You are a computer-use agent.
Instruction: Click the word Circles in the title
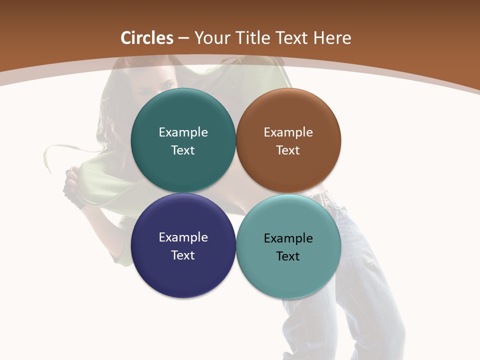(x=147, y=38)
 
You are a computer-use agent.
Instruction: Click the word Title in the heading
(x=255, y=38)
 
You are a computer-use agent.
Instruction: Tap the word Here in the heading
(x=332, y=38)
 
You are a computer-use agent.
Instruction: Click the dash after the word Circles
(x=183, y=38)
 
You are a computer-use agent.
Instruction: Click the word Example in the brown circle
(x=288, y=132)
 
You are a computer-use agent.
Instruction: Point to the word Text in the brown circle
(x=288, y=150)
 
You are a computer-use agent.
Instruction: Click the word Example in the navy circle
(x=183, y=237)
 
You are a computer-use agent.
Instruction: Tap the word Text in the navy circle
(x=183, y=255)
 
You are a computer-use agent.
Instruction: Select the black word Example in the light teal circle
(x=288, y=238)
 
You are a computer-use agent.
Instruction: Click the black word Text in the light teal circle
(x=288, y=256)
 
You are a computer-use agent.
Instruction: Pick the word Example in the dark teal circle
(x=183, y=132)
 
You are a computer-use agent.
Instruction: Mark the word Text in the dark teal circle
(x=183, y=150)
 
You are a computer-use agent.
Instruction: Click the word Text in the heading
(x=293, y=38)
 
